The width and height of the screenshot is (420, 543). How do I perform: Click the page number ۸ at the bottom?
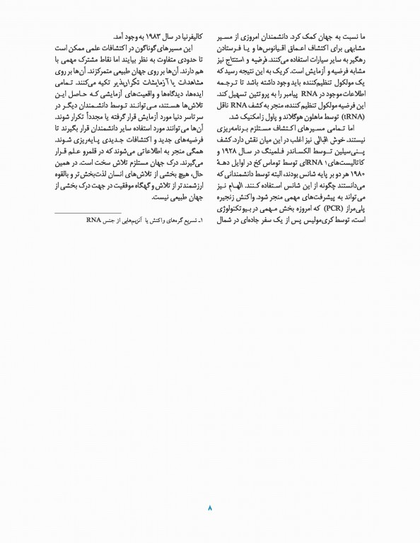point(210,507)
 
